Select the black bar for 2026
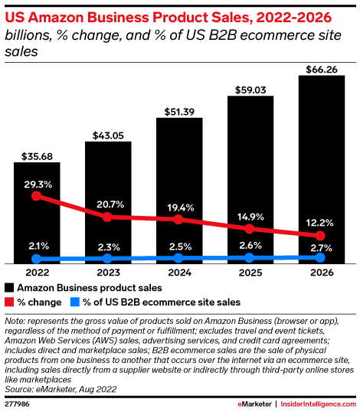(321, 168)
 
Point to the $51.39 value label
(178, 112)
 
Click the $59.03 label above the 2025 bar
(250, 90)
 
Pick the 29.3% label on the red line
(37, 185)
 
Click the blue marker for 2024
(178, 259)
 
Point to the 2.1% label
(37, 247)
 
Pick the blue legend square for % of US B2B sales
(74, 302)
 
